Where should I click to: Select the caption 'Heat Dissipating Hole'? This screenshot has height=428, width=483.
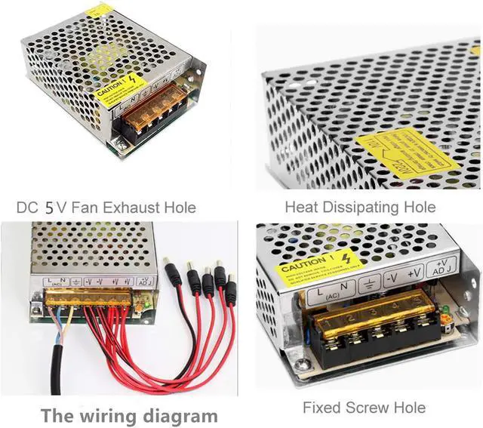click(359, 207)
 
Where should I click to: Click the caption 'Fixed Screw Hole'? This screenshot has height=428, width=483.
click(364, 408)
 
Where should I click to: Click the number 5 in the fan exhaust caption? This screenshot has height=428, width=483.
click(49, 207)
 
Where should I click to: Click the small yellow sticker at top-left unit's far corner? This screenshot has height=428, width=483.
click(99, 11)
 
